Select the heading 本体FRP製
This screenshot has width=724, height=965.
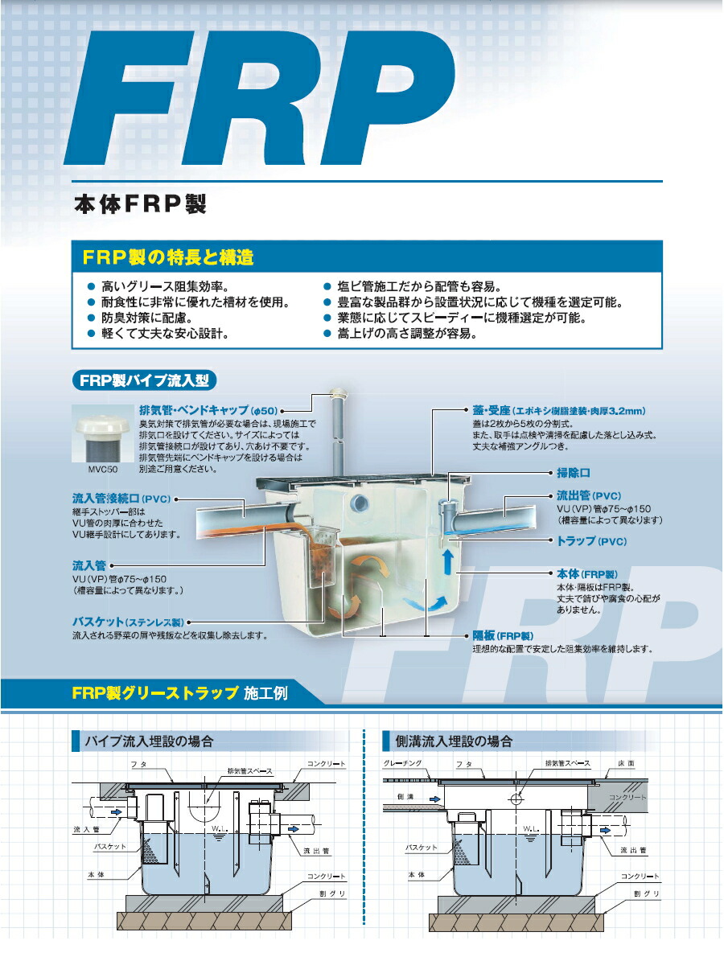pyautogui.click(x=140, y=204)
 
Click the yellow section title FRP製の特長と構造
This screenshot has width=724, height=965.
pyautogui.click(x=168, y=258)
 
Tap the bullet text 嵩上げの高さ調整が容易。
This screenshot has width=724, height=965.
pyautogui.click(x=407, y=333)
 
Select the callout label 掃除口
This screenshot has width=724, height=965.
pyautogui.click(x=574, y=474)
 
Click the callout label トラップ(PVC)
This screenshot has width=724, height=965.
pyautogui.click(x=591, y=541)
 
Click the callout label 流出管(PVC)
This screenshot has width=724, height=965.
pyautogui.click(x=589, y=495)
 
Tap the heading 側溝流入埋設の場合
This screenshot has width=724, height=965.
pyautogui.click(x=454, y=740)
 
